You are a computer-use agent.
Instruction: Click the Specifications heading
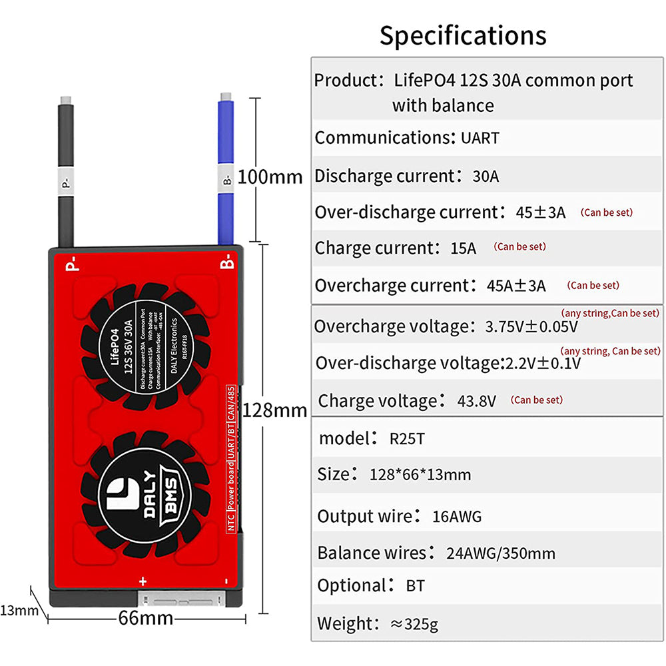462,35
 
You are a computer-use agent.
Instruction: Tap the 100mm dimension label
270,177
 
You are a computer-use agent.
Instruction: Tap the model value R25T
407,438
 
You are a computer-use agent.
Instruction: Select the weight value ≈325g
414,624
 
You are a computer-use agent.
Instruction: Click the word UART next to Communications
480,139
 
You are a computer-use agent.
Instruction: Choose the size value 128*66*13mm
420,475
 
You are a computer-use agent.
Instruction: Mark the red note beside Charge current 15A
519,246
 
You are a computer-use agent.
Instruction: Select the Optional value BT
415,586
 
